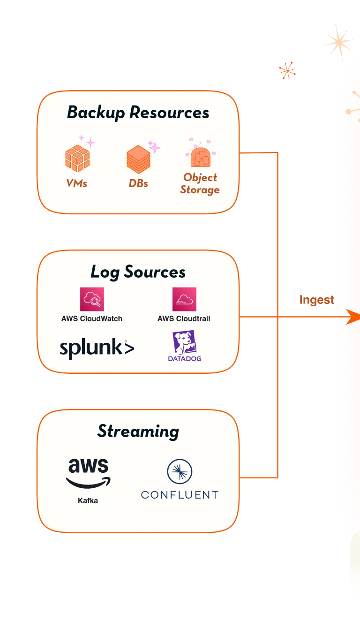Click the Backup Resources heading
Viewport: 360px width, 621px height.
click(x=138, y=113)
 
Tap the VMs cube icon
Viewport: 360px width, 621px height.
click(x=77, y=158)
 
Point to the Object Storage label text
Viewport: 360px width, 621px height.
click(x=200, y=183)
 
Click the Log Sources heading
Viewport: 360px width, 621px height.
click(x=138, y=272)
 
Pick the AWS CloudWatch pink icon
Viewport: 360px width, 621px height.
click(x=92, y=299)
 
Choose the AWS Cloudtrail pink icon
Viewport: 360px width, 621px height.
click(x=184, y=299)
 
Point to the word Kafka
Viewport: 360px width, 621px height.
click(x=88, y=500)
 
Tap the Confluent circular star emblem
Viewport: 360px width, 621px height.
click(x=180, y=471)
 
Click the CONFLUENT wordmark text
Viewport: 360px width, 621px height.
click(x=180, y=495)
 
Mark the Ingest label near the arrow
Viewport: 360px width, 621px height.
click(x=317, y=300)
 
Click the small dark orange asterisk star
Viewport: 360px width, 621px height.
click(x=287, y=70)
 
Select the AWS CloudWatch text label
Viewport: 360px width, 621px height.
click(x=92, y=318)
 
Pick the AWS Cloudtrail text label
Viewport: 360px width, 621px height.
click(x=184, y=318)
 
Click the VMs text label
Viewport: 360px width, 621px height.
click(x=77, y=183)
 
